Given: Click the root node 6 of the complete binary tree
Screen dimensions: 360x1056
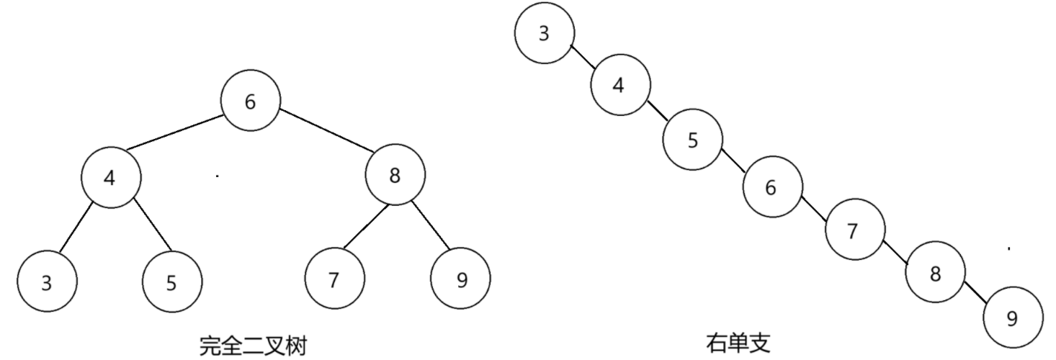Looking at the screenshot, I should coord(250,102).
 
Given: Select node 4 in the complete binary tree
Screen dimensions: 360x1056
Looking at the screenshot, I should coord(110,177).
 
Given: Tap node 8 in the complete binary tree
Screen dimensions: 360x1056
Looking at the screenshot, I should coord(395,176).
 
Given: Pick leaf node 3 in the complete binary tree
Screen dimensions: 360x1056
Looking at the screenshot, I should coord(47,283).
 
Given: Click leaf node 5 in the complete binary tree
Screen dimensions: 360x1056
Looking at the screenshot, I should coord(171,283).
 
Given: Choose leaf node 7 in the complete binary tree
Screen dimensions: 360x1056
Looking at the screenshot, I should coord(334,280).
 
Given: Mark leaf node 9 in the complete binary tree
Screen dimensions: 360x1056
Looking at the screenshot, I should coord(461,280).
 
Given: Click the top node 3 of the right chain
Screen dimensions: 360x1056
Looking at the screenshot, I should coord(545,34).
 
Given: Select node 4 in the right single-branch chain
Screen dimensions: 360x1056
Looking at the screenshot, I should coord(619,85).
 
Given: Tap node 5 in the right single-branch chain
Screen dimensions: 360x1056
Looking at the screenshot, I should coord(693,140).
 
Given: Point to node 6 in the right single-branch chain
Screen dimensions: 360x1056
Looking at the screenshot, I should coord(771,189).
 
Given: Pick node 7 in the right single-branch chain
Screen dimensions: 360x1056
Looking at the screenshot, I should coord(854,231).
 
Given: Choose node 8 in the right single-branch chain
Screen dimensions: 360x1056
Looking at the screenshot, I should coord(935,274).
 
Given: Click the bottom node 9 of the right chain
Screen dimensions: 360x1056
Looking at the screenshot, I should coord(1012,319).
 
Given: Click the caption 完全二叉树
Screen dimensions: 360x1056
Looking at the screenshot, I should coord(253,346).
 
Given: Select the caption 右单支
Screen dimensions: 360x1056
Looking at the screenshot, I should coord(738,343).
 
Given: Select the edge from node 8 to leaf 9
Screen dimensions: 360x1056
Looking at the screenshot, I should coord(430,225).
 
